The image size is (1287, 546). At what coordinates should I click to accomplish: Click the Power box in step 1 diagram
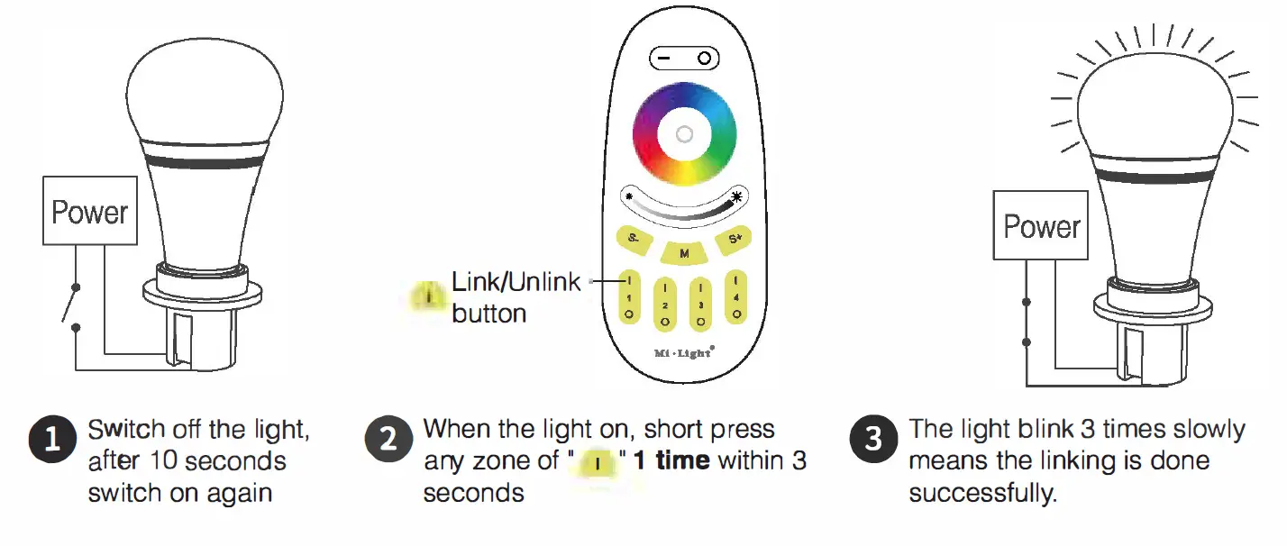click(x=90, y=213)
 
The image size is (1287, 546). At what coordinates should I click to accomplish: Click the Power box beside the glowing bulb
click(x=1041, y=226)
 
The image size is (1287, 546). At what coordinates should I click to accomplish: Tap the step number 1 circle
click(x=52, y=440)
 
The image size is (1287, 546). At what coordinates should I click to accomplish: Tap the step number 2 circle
click(x=388, y=440)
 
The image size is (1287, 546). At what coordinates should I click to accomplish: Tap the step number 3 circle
click(x=873, y=440)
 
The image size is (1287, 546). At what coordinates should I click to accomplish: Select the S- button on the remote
click(x=634, y=239)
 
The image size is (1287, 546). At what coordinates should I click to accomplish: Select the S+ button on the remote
click(x=735, y=239)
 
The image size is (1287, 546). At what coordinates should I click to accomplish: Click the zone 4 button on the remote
click(x=736, y=296)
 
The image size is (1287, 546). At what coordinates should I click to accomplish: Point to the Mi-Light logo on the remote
click(x=683, y=352)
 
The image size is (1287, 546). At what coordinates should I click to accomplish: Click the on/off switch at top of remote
click(x=684, y=59)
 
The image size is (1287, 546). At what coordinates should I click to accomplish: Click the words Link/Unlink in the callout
click(x=516, y=282)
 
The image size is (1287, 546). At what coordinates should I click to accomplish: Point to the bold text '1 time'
click(x=671, y=461)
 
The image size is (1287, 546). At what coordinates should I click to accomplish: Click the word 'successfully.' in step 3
click(x=982, y=494)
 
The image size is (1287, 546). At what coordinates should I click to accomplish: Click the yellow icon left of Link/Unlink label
click(x=430, y=296)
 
